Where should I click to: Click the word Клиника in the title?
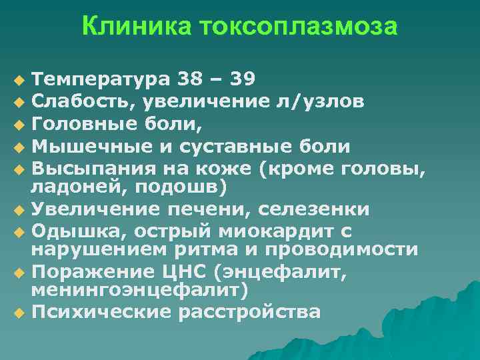pyautogui.click(x=127, y=27)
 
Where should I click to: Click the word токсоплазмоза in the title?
pyautogui.click(x=289, y=27)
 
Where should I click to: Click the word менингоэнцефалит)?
pyautogui.click(x=140, y=291)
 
